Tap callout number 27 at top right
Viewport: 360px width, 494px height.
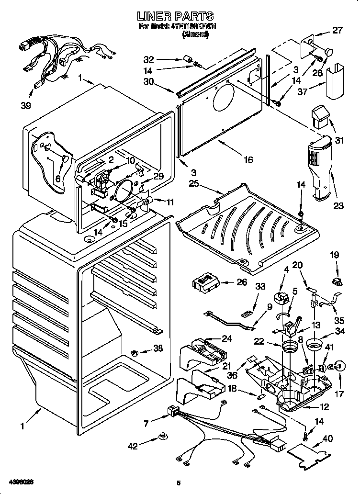point(337,31)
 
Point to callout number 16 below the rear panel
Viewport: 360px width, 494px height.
point(247,160)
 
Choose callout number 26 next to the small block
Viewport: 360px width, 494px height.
point(242,282)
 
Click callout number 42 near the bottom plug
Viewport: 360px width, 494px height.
point(133,446)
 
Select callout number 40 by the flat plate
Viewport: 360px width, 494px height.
point(327,438)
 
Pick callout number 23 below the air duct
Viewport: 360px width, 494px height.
point(339,206)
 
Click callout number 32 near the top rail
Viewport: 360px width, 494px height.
point(149,60)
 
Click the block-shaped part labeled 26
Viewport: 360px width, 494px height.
point(207,283)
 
